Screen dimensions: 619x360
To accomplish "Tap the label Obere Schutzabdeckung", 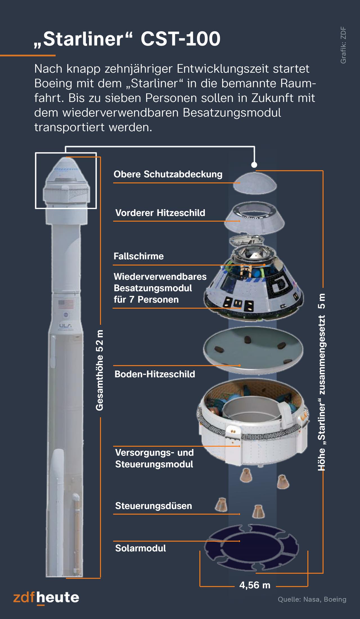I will click(168, 174).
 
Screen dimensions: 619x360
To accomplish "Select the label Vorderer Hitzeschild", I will click(160, 213).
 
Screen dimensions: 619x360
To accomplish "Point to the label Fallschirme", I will click(138, 256).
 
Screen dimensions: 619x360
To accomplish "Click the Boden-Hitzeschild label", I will click(155, 374).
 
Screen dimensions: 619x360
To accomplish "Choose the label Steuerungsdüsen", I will click(154, 506).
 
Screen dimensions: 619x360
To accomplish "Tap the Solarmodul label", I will click(140, 548).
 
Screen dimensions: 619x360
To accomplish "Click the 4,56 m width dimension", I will click(255, 585).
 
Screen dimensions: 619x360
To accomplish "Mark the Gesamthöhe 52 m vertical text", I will click(100, 370).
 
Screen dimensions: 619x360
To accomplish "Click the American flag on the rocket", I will click(66, 304).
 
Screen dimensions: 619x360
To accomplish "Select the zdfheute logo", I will click(46, 597).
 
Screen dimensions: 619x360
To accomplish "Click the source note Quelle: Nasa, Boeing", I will click(312, 599).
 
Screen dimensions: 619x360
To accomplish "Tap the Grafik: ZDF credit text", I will click(343, 45).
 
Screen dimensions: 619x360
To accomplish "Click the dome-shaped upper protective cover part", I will click(255, 183).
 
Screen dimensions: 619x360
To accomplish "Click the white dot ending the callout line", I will click(254, 165).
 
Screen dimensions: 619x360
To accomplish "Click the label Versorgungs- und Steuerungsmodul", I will click(154, 458).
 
